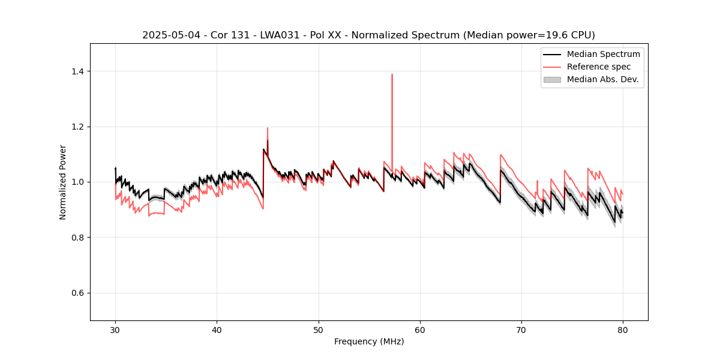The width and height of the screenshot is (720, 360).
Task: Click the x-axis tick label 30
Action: [x=115, y=329]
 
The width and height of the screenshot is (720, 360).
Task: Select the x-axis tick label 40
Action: [x=217, y=329]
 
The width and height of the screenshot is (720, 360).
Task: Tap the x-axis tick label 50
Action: [x=319, y=329]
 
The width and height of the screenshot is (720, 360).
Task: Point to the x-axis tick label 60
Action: [x=420, y=329]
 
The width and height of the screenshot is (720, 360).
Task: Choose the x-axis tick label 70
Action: [x=521, y=329]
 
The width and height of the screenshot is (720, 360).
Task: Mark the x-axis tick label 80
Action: [x=623, y=329]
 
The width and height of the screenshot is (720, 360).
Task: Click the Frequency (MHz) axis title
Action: [x=369, y=341]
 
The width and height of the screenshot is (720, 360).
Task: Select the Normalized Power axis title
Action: [x=63, y=182]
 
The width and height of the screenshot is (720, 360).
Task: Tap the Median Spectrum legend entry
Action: [x=603, y=54]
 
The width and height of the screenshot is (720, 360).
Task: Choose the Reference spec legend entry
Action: [x=599, y=67]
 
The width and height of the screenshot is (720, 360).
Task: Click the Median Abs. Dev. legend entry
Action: [x=602, y=79]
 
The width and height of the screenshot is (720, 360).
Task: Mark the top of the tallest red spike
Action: [x=392, y=74]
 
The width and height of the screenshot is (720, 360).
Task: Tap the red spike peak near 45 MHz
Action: [x=268, y=128]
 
